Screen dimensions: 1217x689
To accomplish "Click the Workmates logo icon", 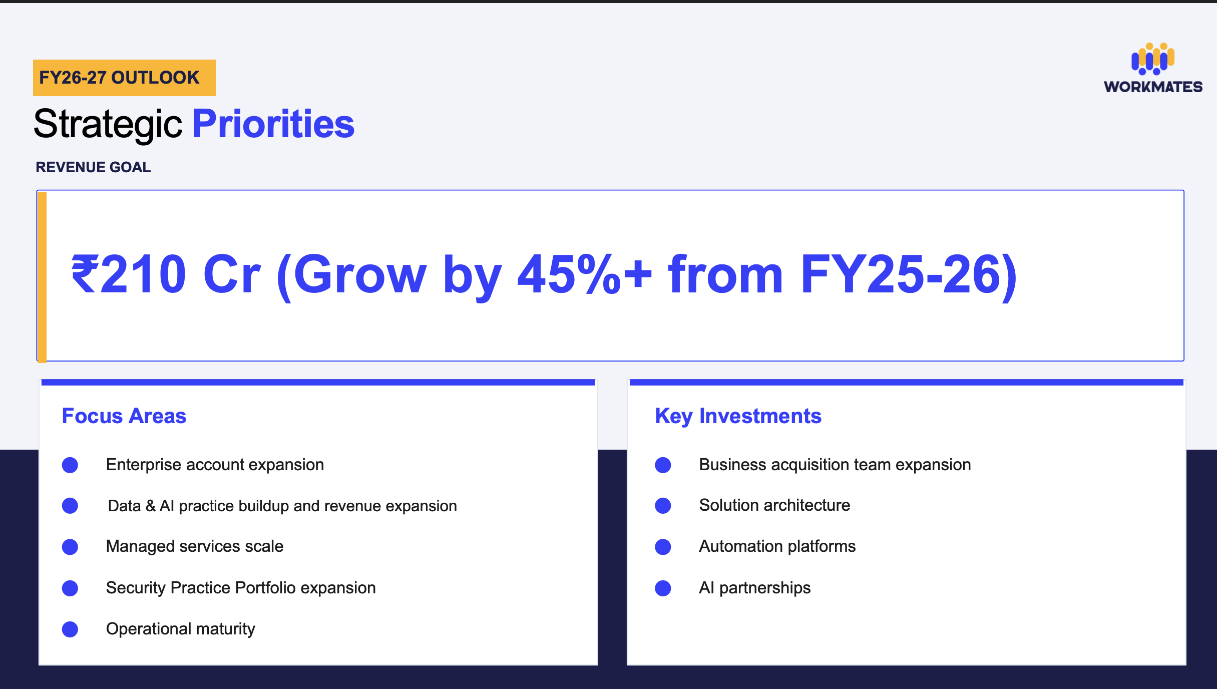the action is tap(1153, 59).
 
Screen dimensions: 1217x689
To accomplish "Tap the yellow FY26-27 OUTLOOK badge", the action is tap(124, 78).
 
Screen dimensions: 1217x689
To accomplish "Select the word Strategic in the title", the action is tap(108, 125).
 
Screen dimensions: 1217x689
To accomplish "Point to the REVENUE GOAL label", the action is tap(93, 167).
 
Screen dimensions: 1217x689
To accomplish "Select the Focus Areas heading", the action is tap(124, 416).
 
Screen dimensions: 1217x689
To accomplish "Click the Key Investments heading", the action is tap(738, 417).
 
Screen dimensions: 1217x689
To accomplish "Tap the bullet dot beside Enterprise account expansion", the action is tap(70, 465).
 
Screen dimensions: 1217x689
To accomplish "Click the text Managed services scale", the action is tap(195, 546).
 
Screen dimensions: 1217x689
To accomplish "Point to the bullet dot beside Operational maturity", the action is tap(70, 629).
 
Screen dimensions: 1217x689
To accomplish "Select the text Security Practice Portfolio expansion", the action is tap(241, 588).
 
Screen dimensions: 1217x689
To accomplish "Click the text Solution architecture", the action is tap(774, 505).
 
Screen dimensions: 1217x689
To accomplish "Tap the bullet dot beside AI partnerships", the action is tap(663, 588).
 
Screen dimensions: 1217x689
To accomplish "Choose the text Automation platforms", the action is tap(777, 546).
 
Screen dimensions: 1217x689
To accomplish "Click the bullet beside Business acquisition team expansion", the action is tap(663, 465).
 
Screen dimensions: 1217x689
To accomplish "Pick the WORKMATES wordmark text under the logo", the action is tap(1153, 87).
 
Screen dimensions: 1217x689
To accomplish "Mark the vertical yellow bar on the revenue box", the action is tap(42, 276).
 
